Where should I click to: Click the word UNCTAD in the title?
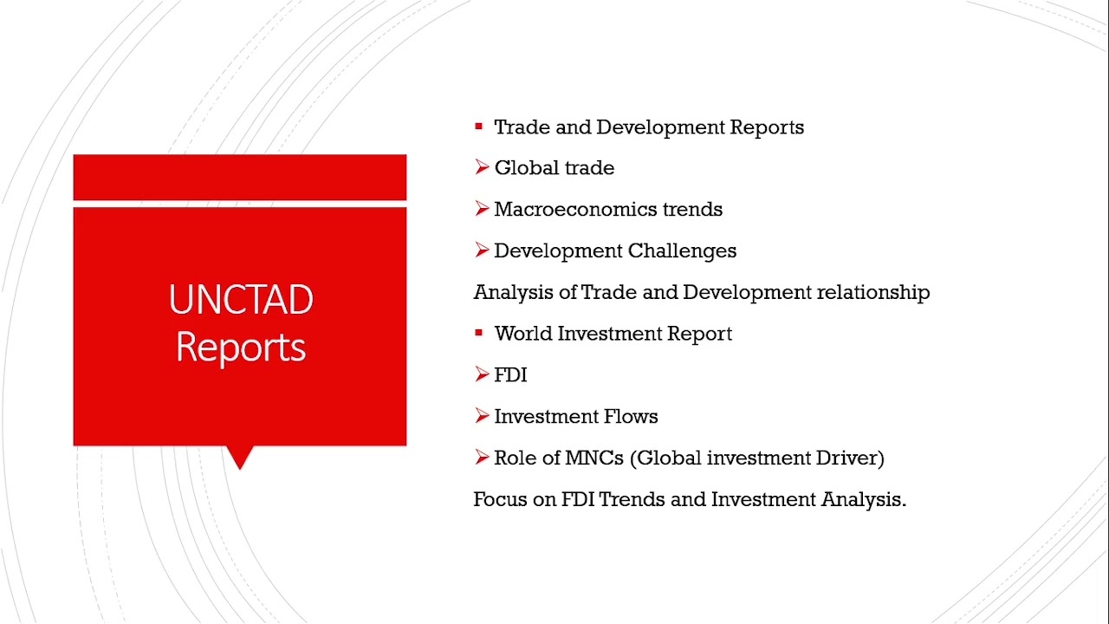coord(241,300)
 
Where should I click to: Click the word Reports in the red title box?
coord(241,347)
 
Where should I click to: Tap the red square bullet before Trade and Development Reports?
coord(478,127)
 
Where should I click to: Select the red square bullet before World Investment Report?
coord(478,334)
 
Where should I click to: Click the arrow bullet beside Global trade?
coord(482,167)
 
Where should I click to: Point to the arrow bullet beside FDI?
coord(482,374)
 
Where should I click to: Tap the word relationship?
coord(872,293)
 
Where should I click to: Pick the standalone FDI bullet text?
coord(510,375)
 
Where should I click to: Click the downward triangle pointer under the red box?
coord(239,457)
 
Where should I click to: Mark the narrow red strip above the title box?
coord(239,177)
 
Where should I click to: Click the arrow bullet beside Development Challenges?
coord(482,250)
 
